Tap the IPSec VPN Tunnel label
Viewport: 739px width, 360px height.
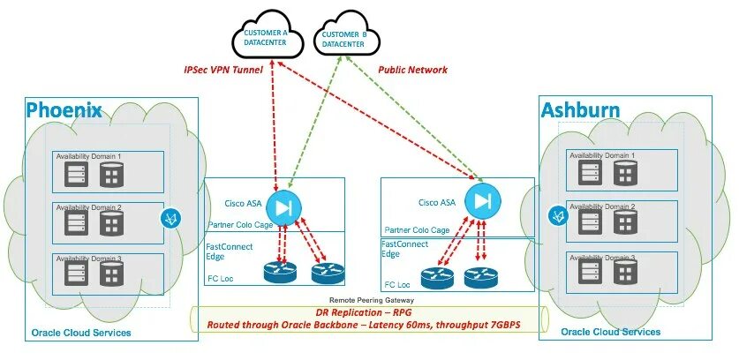[222, 71]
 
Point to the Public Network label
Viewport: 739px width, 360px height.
[413, 70]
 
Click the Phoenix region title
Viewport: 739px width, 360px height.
[64, 109]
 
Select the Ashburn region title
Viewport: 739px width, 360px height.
[581, 109]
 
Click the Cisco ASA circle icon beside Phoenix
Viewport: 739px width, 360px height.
[283, 208]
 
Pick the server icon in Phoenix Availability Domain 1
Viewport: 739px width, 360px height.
[76, 175]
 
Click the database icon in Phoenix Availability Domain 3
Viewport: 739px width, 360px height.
[112, 274]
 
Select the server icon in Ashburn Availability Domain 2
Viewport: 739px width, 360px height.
[590, 222]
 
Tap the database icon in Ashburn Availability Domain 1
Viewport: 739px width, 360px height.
[625, 172]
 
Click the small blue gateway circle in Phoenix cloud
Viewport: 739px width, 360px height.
[170, 218]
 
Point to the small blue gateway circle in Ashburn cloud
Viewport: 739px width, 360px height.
[559, 216]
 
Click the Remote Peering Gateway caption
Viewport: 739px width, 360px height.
[372, 300]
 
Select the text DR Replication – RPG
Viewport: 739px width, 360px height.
[366, 313]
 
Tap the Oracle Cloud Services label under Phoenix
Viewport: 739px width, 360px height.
[81, 334]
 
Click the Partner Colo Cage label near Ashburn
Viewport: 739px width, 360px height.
[417, 230]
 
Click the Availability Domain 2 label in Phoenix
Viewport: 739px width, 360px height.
[89, 207]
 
